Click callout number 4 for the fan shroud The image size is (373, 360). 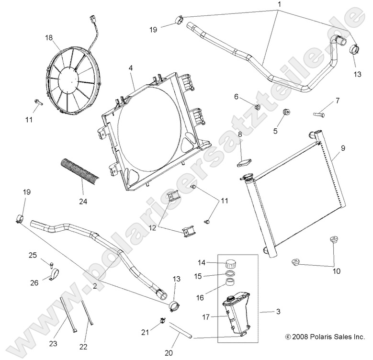click(x=130, y=68)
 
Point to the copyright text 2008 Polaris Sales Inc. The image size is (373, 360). click(x=325, y=337)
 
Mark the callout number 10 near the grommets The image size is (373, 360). click(x=336, y=271)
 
